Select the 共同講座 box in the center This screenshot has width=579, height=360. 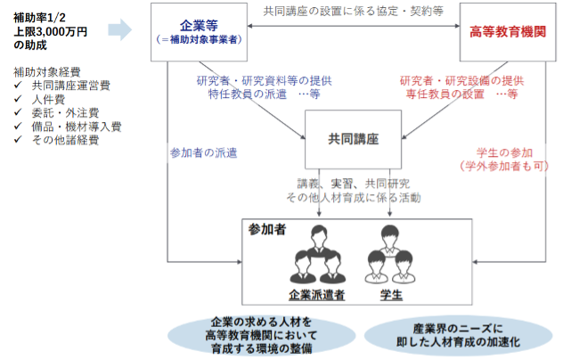(354, 140)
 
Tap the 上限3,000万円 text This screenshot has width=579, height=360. (50, 30)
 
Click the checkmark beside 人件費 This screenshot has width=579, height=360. (19, 100)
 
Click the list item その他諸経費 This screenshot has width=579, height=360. (64, 140)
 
